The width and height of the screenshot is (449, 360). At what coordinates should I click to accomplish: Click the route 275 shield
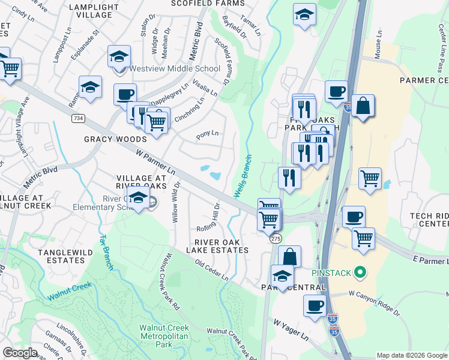pyautogui.click(x=275, y=239)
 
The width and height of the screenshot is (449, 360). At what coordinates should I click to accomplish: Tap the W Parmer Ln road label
pyautogui.click(x=156, y=163)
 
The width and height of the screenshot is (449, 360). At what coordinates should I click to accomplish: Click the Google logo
pyautogui.click(x=20, y=353)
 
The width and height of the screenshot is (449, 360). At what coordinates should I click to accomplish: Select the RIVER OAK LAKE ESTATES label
pyautogui.click(x=217, y=245)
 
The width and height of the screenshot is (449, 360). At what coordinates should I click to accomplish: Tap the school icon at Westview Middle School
pyautogui.click(x=119, y=56)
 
